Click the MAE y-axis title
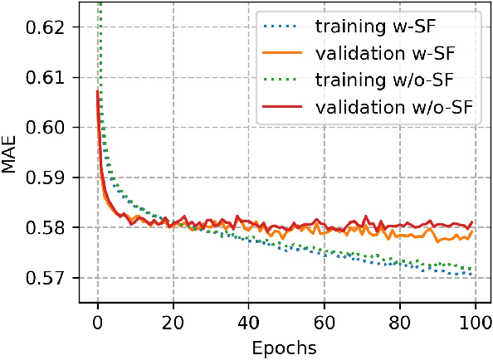pyautogui.click(x=12, y=154)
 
